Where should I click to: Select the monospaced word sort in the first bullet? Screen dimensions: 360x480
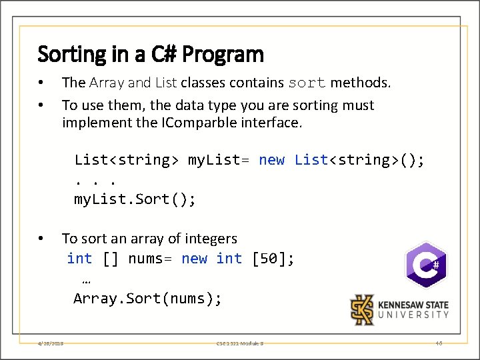307,83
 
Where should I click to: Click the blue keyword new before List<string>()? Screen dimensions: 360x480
271,160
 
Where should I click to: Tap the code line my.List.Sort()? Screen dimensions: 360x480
135,199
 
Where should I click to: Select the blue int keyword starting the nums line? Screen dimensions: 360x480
79,259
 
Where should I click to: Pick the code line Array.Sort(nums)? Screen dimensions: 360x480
147,299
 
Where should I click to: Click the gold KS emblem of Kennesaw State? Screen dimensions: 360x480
363,309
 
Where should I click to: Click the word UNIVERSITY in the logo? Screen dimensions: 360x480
413,315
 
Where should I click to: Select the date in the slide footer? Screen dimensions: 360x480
51,343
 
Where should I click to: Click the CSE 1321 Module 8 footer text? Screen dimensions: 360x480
239,343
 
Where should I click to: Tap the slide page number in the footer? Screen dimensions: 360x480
439,343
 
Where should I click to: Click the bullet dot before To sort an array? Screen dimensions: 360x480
41,239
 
